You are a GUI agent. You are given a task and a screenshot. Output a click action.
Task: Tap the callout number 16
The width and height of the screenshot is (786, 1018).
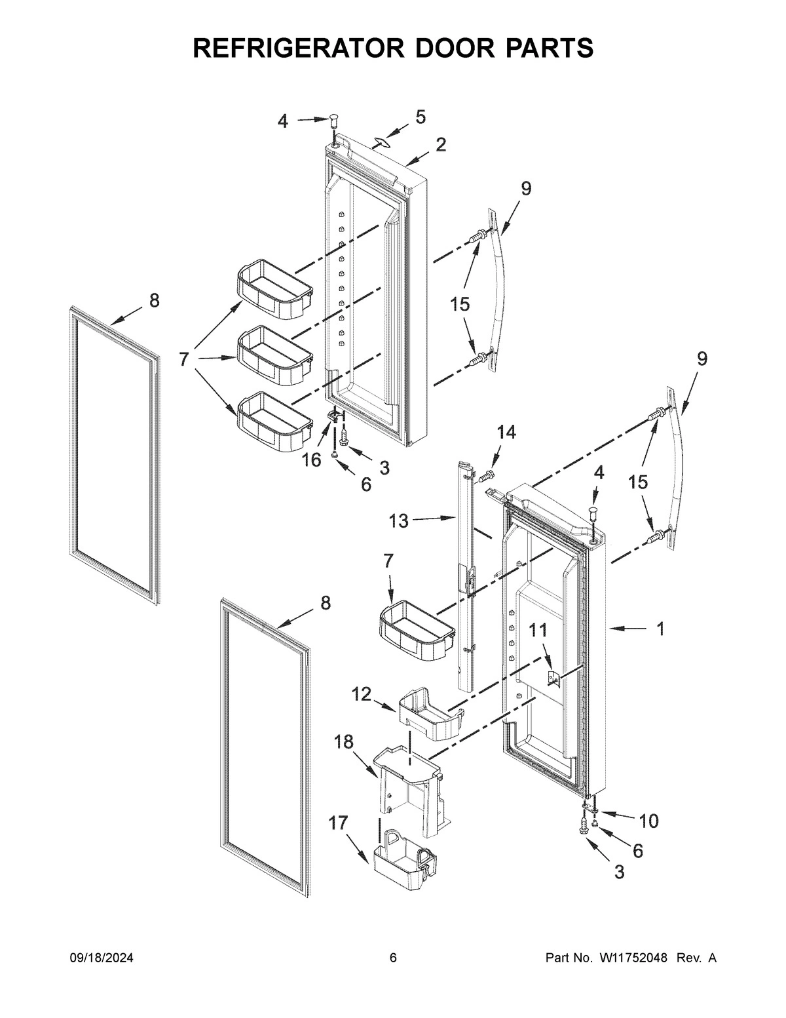312,460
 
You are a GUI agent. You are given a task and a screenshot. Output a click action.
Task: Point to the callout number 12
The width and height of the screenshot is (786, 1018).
361,694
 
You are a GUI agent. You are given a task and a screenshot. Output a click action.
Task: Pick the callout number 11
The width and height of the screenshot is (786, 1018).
537,631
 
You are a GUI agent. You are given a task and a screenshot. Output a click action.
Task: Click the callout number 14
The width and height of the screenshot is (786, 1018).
506,432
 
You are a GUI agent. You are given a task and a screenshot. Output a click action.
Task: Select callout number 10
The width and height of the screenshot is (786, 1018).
649,820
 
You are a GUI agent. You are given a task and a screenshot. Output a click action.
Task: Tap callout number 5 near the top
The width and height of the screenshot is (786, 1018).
420,117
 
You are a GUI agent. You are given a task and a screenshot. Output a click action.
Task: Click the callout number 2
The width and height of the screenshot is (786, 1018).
441,145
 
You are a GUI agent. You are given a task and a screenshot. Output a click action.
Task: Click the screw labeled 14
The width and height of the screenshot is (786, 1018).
487,474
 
